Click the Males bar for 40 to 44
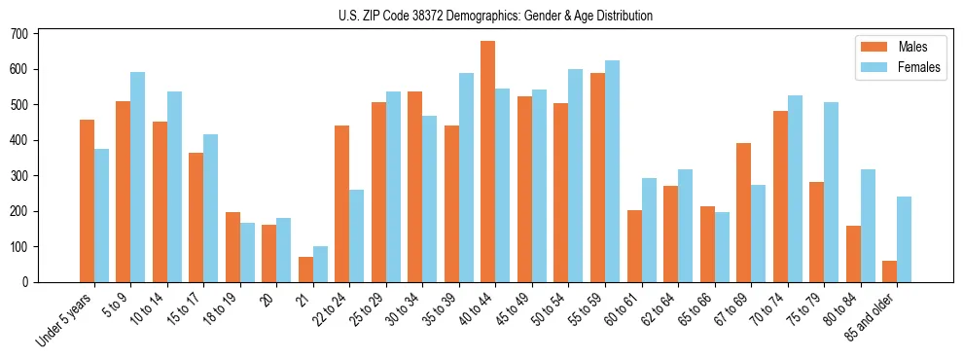pyautogui.click(x=488, y=162)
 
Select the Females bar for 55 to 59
pyautogui.click(x=612, y=171)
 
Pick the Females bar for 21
pyautogui.click(x=320, y=264)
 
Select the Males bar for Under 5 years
pyautogui.click(x=87, y=200)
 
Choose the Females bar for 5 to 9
pyautogui.click(x=138, y=177)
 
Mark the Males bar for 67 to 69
pyautogui.click(x=744, y=212)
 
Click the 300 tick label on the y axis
pyautogui.click(x=26, y=176)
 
